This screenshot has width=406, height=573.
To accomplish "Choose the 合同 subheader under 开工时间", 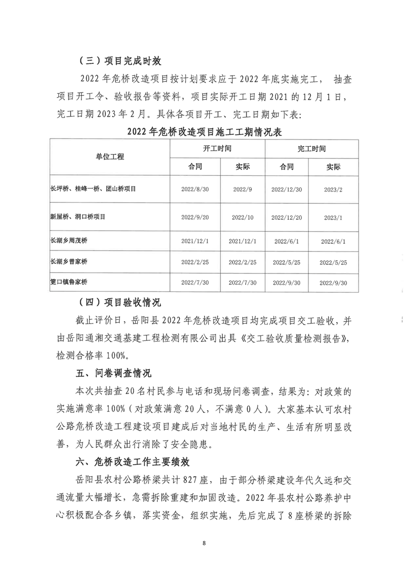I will [x=195, y=167].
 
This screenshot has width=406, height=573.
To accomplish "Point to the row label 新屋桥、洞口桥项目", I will [x=77, y=217].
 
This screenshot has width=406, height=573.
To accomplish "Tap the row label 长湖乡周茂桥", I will [x=67, y=241].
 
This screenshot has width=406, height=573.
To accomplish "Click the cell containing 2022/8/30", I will [x=195, y=189].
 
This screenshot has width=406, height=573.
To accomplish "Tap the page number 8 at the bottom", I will [x=204, y=542].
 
